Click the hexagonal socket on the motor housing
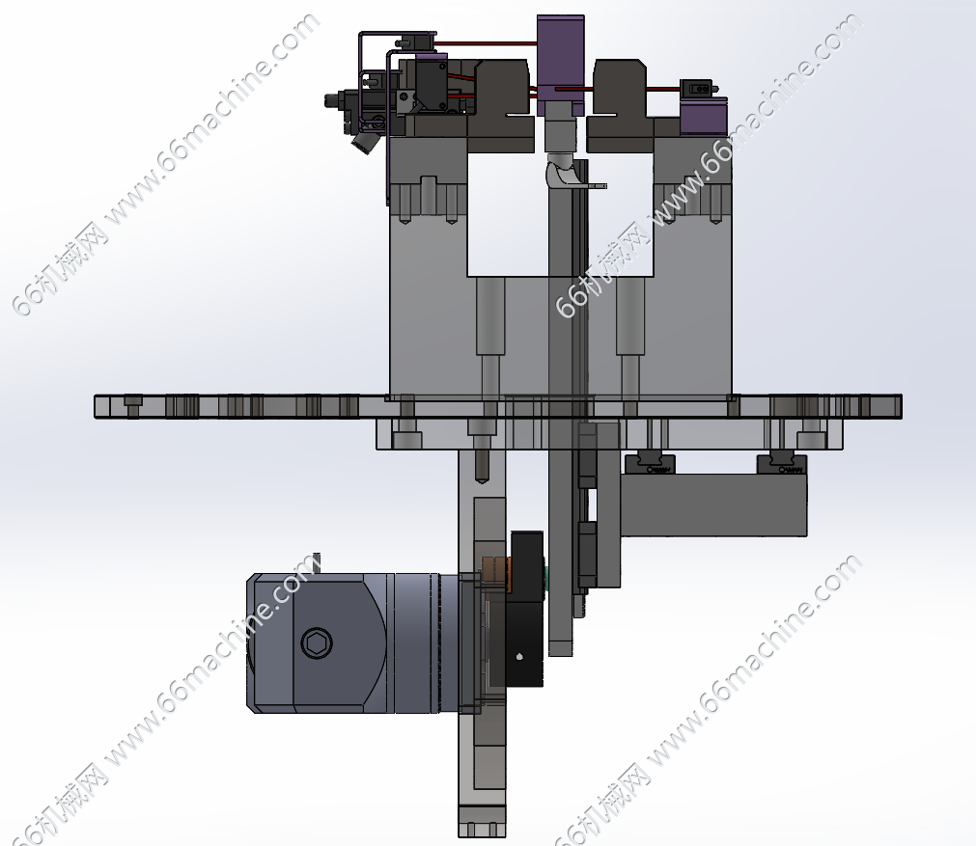317,641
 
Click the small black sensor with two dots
696,88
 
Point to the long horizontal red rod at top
487,43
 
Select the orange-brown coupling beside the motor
498,575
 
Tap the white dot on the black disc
519,656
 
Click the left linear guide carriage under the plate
650,463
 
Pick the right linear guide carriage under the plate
782,464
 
